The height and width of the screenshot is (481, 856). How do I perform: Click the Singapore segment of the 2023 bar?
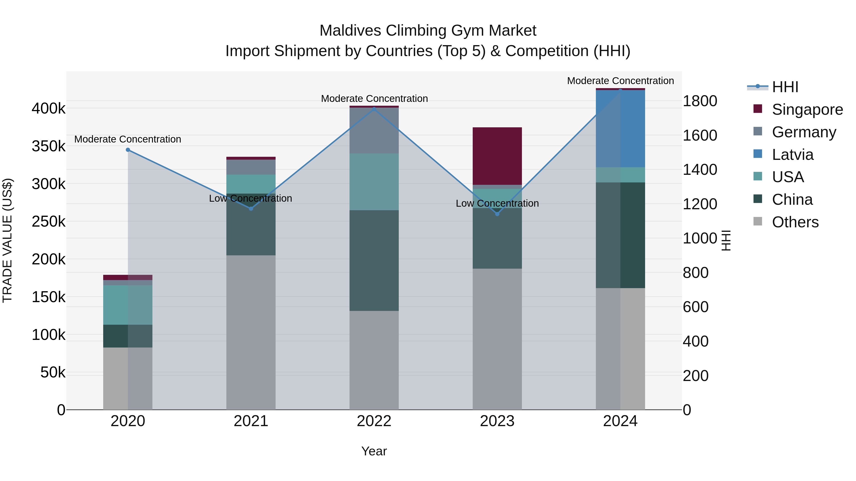(x=497, y=156)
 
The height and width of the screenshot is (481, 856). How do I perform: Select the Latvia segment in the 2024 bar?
(x=620, y=129)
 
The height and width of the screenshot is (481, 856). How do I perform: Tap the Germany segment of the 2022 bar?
(x=374, y=130)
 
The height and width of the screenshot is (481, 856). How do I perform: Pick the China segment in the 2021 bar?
(x=251, y=224)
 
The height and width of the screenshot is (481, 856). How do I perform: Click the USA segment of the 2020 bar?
(x=128, y=305)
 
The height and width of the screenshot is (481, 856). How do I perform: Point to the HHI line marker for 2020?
(x=128, y=150)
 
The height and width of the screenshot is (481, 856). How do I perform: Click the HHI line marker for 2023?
(x=497, y=214)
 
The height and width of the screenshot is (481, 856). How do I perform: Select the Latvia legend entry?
(x=792, y=155)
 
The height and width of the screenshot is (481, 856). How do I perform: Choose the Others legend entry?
(x=795, y=222)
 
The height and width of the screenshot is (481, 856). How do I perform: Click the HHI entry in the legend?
(x=785, y=87)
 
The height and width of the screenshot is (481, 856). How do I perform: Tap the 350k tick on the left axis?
(x=49, y=146)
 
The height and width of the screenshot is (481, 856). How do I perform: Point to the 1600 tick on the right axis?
(x=700, y=135)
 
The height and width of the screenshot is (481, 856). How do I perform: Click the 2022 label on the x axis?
(x=374, y=421)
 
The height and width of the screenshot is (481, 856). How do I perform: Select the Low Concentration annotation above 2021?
(x=251, y=199)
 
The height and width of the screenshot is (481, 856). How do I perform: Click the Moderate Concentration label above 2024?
(x=620, y=81)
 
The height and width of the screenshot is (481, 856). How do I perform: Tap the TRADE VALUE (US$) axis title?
(x=7, y=240)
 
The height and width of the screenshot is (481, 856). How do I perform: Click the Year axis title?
(x=374, y=451)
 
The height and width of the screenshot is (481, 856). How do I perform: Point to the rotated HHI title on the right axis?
(x=726, y=240)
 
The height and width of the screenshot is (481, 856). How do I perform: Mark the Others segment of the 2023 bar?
(x=497, y=338)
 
